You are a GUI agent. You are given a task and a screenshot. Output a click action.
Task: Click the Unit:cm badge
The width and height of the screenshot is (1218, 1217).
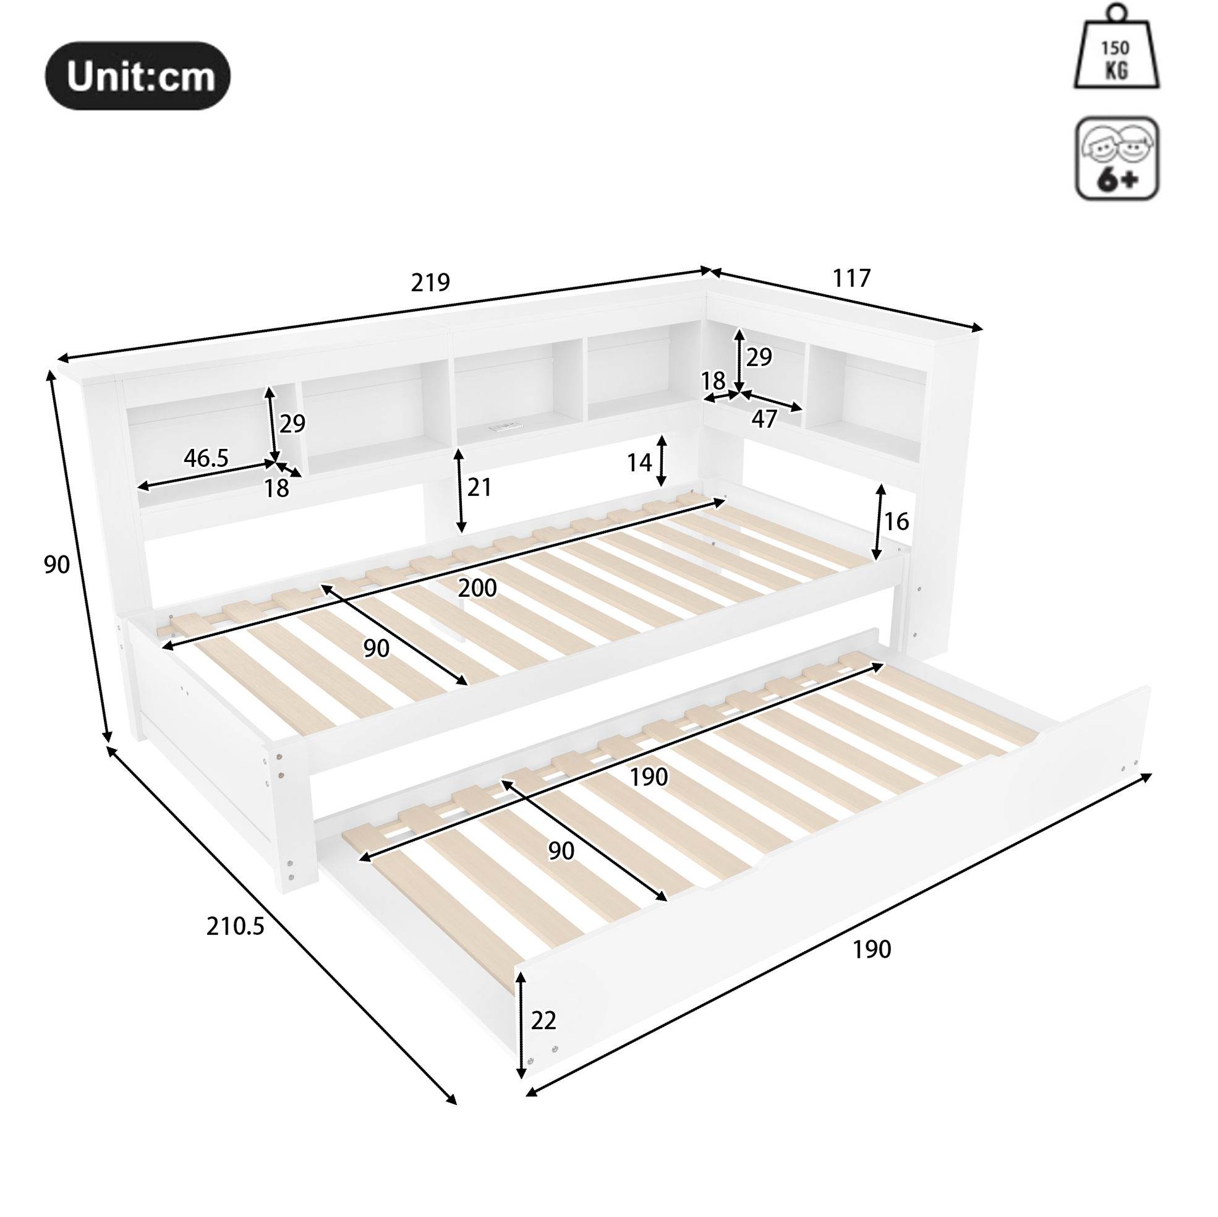click(137, 75)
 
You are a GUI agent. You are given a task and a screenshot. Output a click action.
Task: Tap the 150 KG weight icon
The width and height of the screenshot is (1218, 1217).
click(1117, 47)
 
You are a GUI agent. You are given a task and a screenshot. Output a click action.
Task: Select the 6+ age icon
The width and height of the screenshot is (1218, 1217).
click(1117, 158)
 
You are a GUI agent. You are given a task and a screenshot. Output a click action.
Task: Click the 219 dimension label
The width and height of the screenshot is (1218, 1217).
click(430, 282)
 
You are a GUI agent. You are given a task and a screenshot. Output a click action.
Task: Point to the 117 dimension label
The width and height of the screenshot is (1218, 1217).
click(851, 278)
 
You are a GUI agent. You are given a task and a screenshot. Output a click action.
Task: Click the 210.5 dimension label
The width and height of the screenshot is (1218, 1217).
click(235, 926)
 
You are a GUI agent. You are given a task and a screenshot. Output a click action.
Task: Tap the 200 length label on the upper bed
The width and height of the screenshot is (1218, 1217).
click(477, 587)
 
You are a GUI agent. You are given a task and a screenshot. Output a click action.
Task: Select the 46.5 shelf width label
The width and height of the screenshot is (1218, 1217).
click(206, 458)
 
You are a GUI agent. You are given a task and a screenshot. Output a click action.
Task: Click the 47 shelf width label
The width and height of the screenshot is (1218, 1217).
click(764, 419)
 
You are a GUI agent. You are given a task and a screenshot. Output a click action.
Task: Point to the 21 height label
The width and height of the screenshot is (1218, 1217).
click(479, 487)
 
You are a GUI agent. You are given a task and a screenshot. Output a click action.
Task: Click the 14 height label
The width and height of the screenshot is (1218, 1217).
click(639, 463)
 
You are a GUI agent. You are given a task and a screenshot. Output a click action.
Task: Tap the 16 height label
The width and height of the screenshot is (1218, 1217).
click(896, 521)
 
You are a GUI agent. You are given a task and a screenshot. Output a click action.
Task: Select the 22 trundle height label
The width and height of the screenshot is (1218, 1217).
click(543, 1020)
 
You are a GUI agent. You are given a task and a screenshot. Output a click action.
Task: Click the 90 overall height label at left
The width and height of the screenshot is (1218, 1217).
click(57, 565)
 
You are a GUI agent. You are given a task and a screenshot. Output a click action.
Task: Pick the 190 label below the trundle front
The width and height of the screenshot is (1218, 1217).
click(872, 950)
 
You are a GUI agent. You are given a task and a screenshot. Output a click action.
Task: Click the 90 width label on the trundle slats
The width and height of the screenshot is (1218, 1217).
click(561, 851)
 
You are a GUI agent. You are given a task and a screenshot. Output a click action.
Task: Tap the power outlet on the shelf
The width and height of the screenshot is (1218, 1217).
click(503, 427)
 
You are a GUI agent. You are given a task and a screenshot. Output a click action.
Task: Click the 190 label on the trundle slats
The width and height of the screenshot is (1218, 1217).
click(649, 777)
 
